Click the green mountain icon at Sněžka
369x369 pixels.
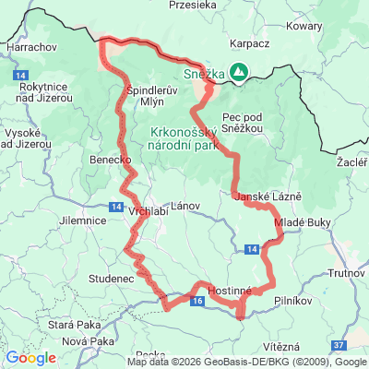coord(239,71)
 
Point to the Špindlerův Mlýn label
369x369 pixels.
coord(145,95)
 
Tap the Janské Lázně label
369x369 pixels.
coord(263,198)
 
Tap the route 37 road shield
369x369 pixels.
coord(339,344)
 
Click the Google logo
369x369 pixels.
coord(30,358)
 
